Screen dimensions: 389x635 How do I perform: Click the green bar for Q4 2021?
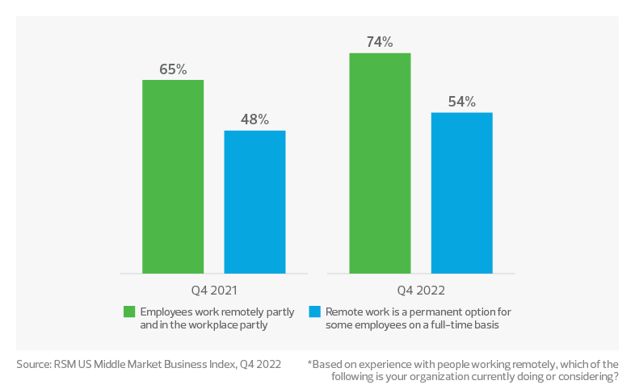173,177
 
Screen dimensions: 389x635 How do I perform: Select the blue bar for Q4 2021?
254,202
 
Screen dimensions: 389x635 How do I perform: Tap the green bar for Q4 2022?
380,163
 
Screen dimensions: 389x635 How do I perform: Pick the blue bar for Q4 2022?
461,193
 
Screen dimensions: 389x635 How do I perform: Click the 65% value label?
173,69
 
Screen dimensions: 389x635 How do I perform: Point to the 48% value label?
254,119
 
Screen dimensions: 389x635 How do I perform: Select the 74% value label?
380,42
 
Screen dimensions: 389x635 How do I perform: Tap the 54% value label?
461,102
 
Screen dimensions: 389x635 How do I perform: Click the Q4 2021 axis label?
213,289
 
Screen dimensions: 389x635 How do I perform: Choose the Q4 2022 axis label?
421,289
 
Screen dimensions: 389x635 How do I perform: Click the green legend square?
129,312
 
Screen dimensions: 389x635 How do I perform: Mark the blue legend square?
315,312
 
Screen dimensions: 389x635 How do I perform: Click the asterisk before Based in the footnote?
310,363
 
